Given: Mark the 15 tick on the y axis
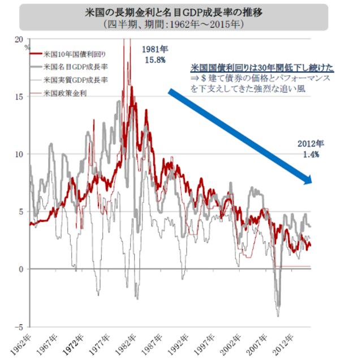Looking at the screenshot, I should point(19,96).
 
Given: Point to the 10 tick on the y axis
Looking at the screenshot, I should point(19,154).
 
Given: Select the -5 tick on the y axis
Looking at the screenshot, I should point(20,327).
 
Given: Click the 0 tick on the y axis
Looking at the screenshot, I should point(21,269).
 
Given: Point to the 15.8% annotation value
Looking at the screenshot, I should point(154,60).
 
